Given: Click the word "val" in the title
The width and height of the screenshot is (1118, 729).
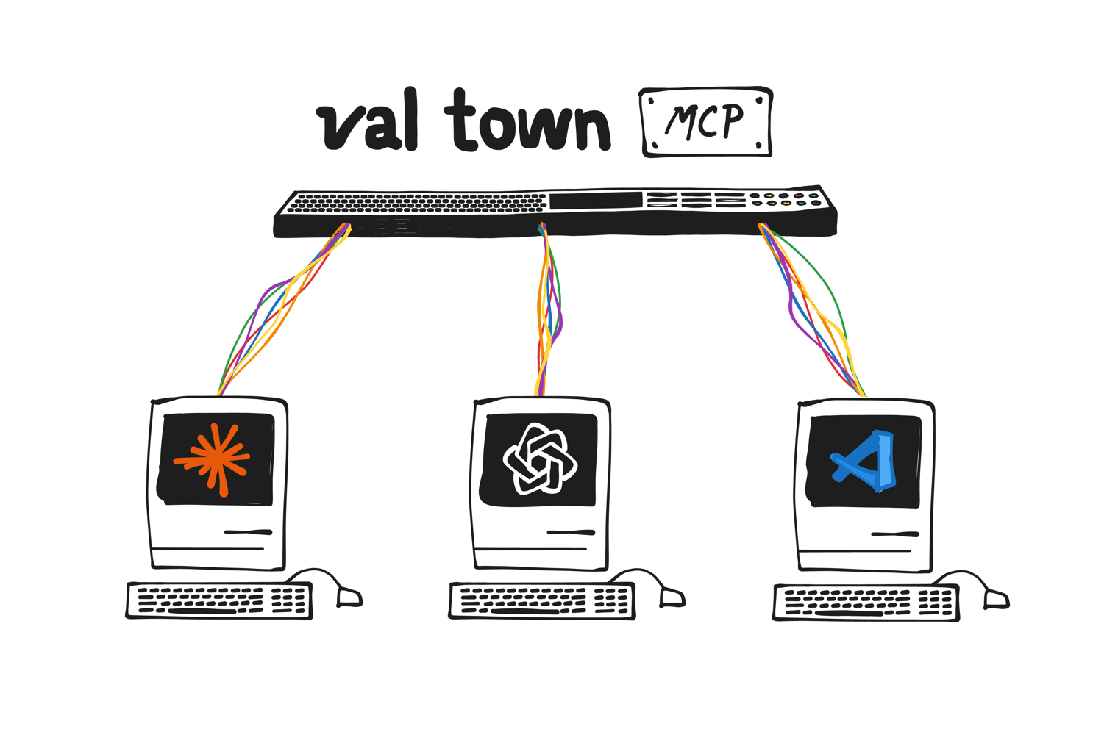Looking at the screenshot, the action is tap(368, 123).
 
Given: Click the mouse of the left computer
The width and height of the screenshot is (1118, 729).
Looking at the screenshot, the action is tap(349, 596).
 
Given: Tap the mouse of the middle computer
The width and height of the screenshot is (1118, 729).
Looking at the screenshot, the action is tap(672, 597).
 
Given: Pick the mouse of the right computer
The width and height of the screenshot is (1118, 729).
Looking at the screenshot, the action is tap(996, 598).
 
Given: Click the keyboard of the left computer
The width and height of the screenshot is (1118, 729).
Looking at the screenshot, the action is tap(219, 600).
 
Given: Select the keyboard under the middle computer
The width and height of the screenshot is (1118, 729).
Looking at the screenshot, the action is tap(542, 601).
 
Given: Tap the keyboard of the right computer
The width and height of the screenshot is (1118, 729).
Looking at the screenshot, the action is tap(866, 603).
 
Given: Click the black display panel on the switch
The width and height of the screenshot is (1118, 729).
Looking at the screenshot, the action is tap(596, 201).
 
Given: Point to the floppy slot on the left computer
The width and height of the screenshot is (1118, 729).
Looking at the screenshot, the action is tap(248, 532).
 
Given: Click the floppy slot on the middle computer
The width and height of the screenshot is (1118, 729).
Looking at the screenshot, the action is tap(571, 532).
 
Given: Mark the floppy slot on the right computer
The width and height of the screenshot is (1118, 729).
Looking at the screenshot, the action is tap(894, 534).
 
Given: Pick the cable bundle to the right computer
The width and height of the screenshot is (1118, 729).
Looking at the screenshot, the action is tap(813, 309).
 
